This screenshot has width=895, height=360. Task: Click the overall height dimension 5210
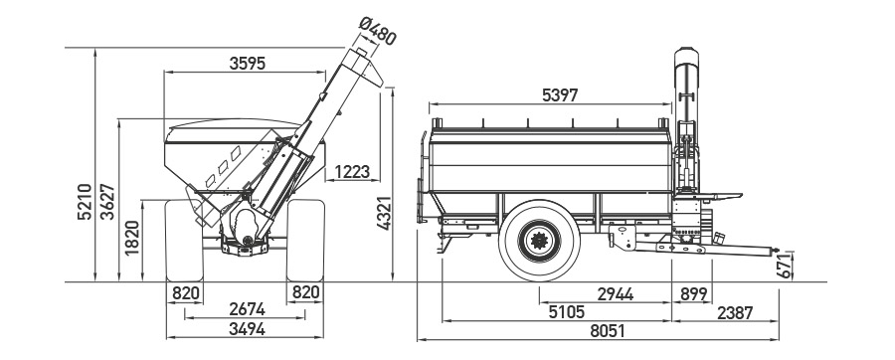(84, 202)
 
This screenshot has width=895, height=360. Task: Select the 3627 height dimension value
(107, 202)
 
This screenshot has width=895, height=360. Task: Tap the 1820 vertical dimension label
(132, 238)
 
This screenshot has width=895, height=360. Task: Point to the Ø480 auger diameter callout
(377, 31)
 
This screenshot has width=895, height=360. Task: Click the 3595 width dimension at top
(248, 64)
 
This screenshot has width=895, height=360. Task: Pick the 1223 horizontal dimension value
(352, 171)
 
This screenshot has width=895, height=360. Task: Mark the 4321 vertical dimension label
(384, 213)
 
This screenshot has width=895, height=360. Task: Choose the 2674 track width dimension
(247, 308)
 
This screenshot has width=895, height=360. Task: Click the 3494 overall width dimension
(247, 328)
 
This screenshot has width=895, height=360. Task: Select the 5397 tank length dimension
(560, 95)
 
